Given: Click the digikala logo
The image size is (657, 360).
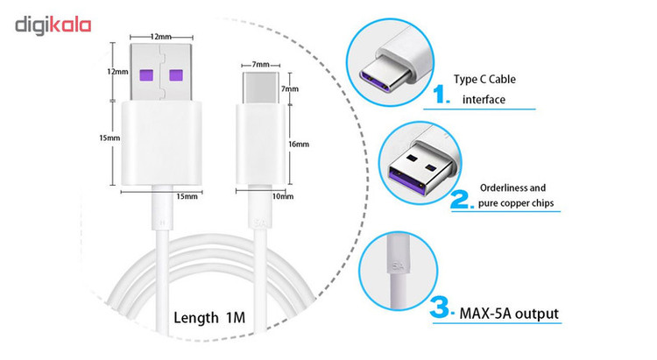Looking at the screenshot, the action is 53,25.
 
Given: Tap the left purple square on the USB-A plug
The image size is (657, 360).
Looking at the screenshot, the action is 146,75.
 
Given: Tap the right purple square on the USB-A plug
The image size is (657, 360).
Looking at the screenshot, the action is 176,75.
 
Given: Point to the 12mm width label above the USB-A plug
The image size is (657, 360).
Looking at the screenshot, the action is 161,37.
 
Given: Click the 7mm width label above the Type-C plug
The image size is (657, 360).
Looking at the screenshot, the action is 261,65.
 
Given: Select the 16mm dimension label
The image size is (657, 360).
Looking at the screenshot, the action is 299,145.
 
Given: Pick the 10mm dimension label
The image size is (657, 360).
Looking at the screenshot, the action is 283,196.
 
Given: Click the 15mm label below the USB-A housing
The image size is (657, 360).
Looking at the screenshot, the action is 187,196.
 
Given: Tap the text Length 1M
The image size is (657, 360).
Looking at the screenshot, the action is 209,317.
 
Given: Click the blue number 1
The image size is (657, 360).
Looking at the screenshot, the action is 441,95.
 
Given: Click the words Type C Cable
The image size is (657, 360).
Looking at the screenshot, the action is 484,79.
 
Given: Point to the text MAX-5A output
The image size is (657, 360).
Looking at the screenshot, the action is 509,314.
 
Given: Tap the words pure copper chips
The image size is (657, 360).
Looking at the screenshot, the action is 516,203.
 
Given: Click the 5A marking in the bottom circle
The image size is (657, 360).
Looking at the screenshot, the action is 399,265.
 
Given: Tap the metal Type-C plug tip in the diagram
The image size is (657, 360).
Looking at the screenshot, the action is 260,88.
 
